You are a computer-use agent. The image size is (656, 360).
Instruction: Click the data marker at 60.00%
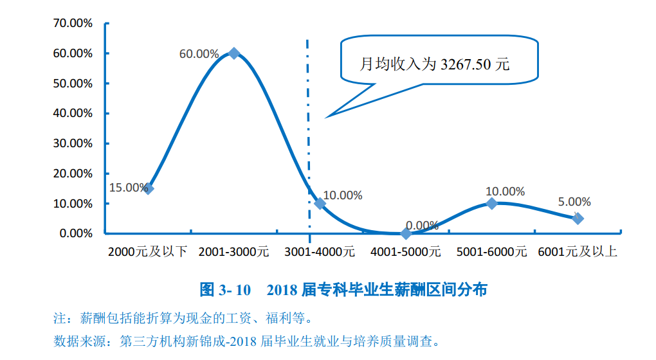pyautogui.click(x=234, y=53)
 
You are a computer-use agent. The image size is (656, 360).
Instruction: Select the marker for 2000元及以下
pyautogui.click(x=149, y=188)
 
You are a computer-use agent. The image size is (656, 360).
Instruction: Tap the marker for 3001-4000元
pyautogui.click(x=320, y=203)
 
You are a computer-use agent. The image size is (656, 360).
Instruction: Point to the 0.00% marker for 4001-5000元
pyautogui.click(x=406, y=233)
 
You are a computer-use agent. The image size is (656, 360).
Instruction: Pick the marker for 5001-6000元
pyautogui.click(x=492, y=203)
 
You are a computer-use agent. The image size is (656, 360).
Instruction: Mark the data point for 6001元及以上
pyautogui.click(x=578, y=219)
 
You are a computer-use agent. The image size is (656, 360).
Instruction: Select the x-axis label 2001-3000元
pyautogui.click(x=233, y=251)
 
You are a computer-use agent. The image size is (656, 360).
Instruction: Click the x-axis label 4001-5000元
pyautogui.click(x=406, y=251)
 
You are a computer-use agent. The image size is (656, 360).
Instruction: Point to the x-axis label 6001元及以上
pyautogui.click(x=578, y=251)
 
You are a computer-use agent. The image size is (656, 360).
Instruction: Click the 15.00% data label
pyautogui.click(x=128, y=188)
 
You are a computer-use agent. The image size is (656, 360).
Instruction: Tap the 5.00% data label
pyautogui.click(x=574, y=202)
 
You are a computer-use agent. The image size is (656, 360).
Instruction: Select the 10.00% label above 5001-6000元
pyautogui.click(x=505, y=192)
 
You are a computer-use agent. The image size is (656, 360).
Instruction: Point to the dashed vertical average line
pyautogui.click(x=307, y=129)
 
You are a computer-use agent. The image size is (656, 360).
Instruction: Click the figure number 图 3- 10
pyautogui.click(x=225, y=290)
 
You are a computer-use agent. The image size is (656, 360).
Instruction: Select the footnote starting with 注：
pyautogui.click(x=186, y=318)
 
